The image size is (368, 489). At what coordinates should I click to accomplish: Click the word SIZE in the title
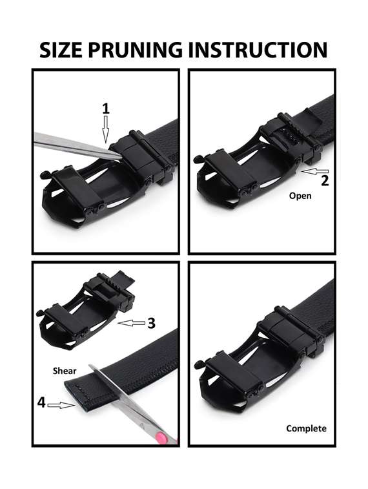pyautogui.click(x=61, y=50)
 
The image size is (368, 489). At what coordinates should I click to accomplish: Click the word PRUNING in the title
pyautogui.click(x=136, y=50)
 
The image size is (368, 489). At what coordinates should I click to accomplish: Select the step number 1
pyautogui.click(x=107, y=109)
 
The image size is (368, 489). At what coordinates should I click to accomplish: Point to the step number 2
pyautogui.click(x=325, y=181)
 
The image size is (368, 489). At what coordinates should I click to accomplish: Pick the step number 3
pyautogui.click(x=152, y=323)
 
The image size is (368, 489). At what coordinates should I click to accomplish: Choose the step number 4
pyautogui.click(x=41, y=402)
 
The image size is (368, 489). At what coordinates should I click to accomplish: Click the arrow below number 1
pyautogui.click(x=106, y=129)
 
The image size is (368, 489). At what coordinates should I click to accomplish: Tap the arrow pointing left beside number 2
pyautogui.click(x=315, y=171)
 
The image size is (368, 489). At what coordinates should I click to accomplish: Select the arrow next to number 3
pyautogui.click(x=132, y=324)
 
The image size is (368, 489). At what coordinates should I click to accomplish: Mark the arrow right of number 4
pyautogui.click(x=61, y=406)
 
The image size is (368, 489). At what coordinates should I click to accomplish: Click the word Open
pyautogui.click(x=300, y=196)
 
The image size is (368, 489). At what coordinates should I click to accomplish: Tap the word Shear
pyautogui.click(x=65, y=371)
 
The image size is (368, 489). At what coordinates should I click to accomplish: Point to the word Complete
pyautogui.click(x=306, y=428)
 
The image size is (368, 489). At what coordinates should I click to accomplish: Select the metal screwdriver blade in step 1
pyautogui.click(x=78, y=145)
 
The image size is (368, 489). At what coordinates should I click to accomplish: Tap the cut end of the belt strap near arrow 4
pyautogui.click(x=75, y=397)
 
